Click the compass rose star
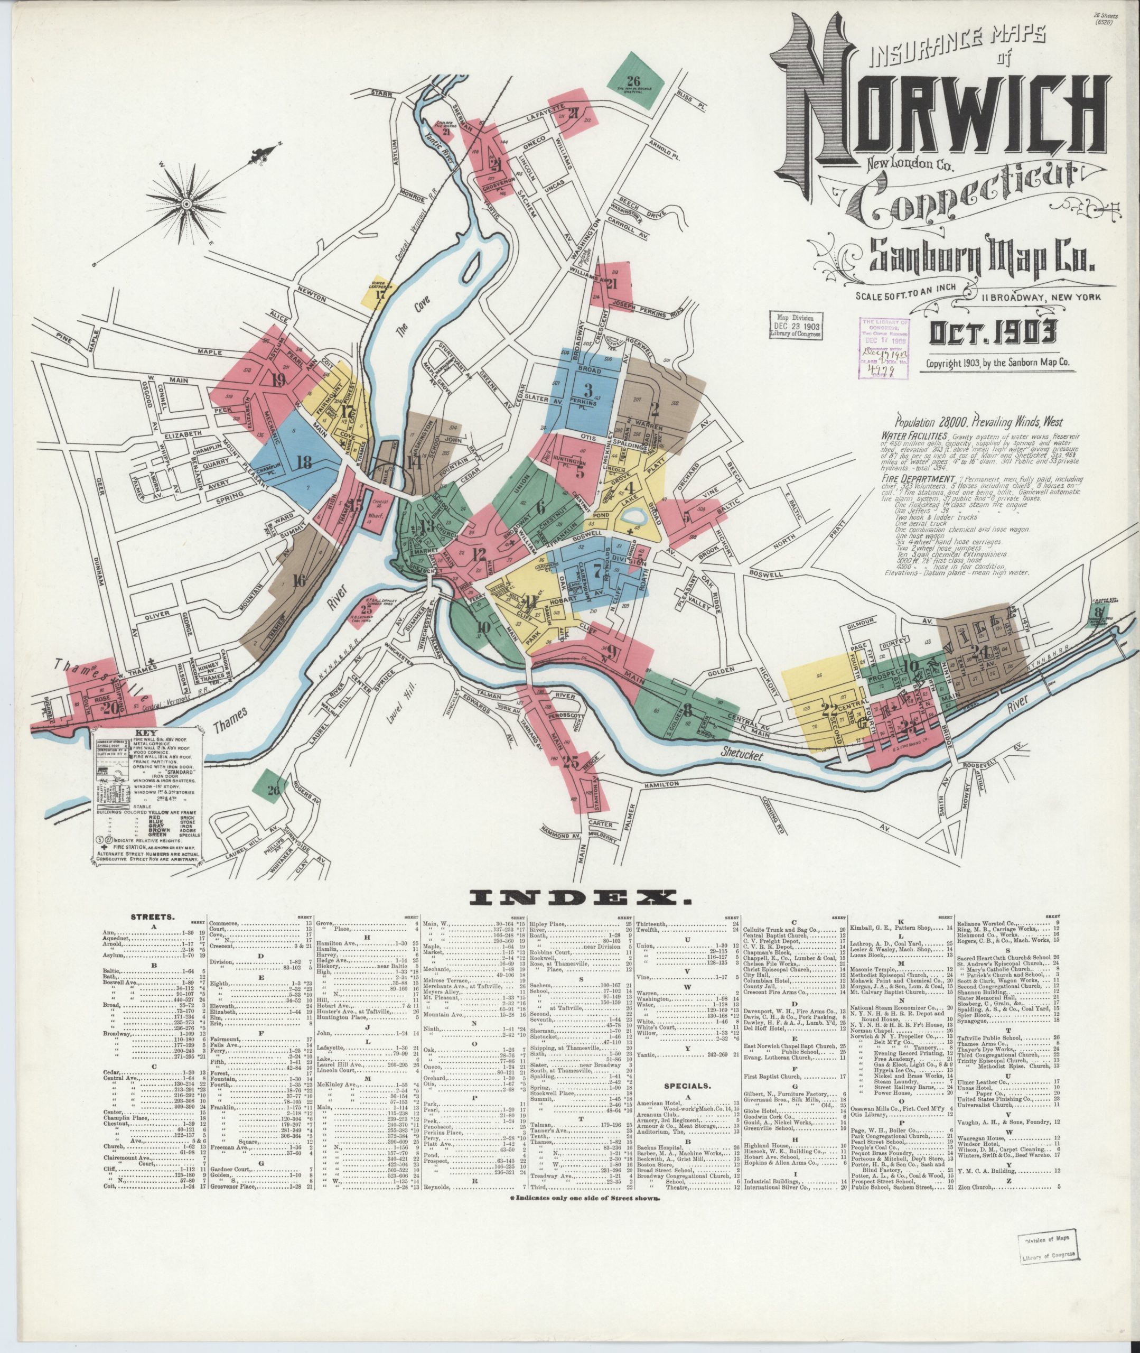coord(189,205)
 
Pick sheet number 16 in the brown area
coord(298,580)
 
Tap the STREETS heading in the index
coord(151,916)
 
